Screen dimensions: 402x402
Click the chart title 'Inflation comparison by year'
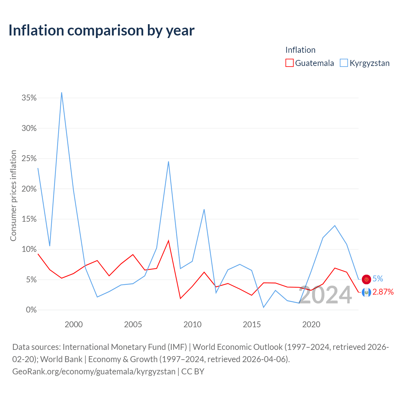[101, 30]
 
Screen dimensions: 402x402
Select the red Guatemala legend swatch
[289, 63]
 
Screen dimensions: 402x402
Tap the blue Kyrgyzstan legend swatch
[344, 63]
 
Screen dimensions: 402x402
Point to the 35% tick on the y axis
[29, 98]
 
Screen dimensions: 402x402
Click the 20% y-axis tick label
[29, 189]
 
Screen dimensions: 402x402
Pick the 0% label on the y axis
[31, 310]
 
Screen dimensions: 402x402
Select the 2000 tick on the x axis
[73, 324]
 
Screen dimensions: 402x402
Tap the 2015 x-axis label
[252, 324]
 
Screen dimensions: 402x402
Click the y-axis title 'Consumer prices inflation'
[13, 195]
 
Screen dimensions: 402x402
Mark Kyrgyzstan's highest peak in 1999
[62, 92]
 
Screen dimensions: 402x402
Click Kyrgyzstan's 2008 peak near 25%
[168, 161]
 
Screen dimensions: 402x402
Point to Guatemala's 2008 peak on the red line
[168, 241]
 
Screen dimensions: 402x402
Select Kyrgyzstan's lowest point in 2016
[263, 307]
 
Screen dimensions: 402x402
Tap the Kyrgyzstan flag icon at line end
[366, 279]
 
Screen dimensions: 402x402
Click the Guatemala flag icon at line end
[366, 292]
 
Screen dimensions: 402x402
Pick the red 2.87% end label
[383, 292]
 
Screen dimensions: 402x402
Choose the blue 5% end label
[378, 279]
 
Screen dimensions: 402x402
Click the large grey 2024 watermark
[325, 295]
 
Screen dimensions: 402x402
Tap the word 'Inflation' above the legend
[301, 50]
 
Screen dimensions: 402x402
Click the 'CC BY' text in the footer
[193, 372]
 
